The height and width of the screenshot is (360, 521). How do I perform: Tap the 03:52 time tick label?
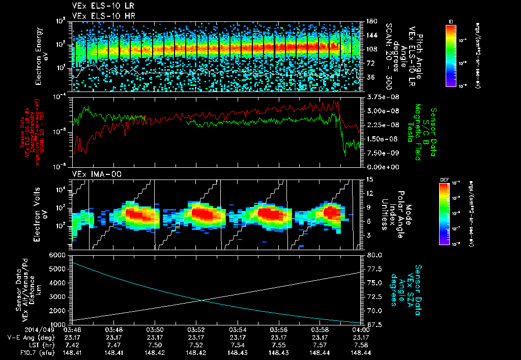(196, 329)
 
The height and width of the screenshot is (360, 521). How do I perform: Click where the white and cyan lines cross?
(202, 300)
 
